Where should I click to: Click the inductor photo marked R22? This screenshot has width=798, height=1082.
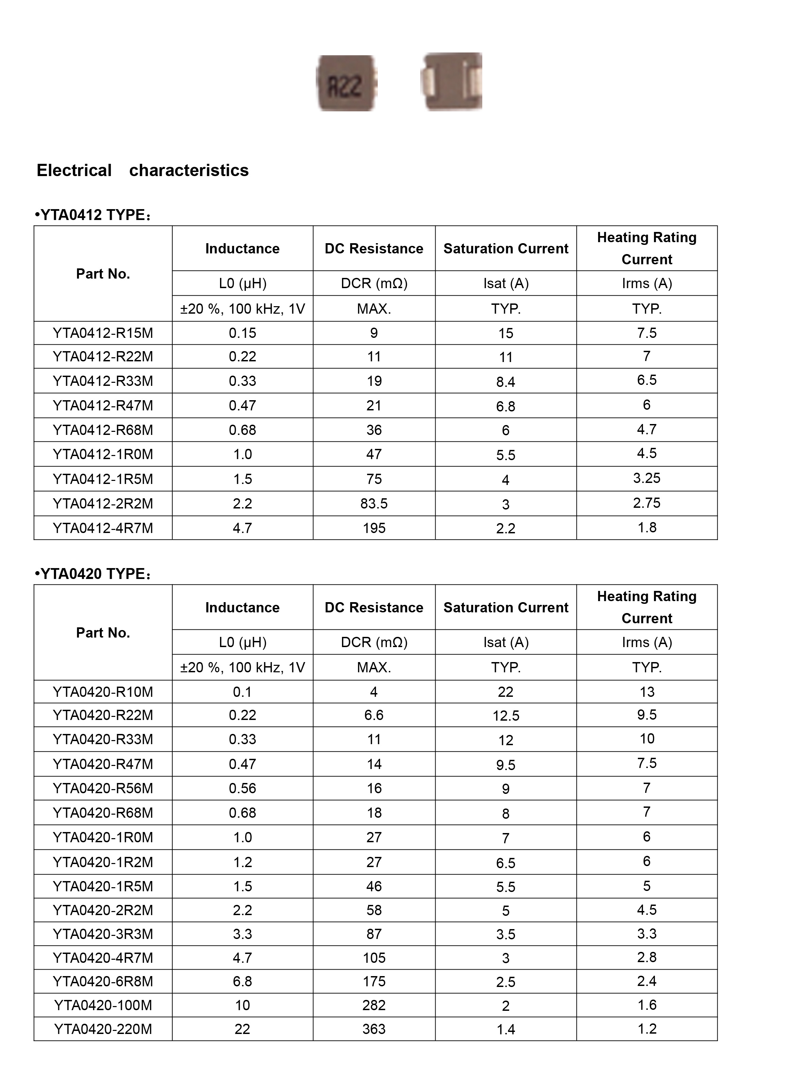(x=346, y=83)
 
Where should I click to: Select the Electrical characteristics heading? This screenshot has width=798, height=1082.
(x=142, y=171)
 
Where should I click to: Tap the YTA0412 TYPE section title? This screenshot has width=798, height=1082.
(x=94, y=215)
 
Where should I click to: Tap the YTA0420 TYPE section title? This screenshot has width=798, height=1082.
(x=94, y=574)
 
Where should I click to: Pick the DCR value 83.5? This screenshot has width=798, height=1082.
(x=374, y=503)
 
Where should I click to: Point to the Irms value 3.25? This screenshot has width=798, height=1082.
(x=646, y=478)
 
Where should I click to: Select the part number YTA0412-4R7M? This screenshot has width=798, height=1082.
(x=103, y=528)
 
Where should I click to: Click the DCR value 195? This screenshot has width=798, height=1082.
(x=374, y=528)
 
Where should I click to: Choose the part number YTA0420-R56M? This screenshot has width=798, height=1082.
(x=103, y=788)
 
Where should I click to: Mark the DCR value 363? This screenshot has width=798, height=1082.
(x=374, y=1029)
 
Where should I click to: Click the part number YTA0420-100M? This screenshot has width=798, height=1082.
(x=103, y=1005)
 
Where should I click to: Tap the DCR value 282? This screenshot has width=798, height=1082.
(x=374, y=1005)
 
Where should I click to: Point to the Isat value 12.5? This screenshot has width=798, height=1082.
(x=506, y=716)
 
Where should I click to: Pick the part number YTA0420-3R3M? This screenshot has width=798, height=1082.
(x=103, y=934)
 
